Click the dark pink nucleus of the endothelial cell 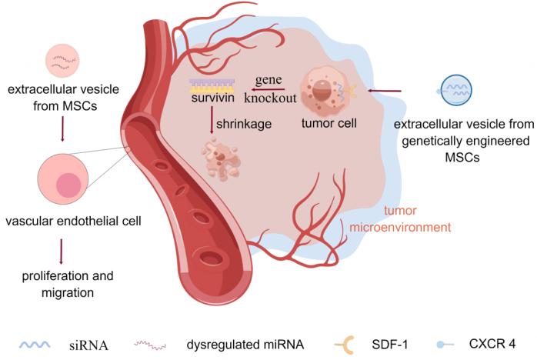pos(68,185)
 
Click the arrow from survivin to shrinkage pos(212,121)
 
